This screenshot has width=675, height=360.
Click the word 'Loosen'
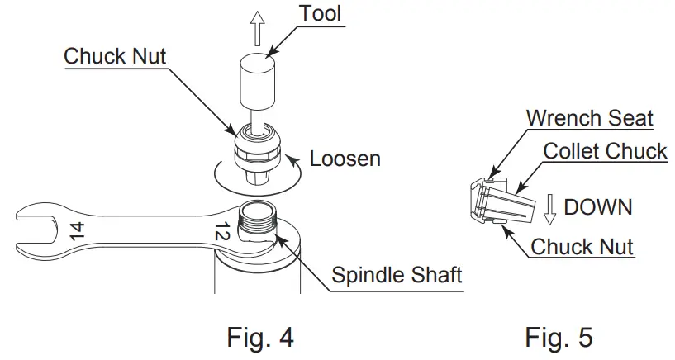(345, 158)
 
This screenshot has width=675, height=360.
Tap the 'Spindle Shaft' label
(397, 274)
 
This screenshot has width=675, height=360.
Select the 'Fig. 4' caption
(259, 336)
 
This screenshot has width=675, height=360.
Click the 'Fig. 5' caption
(559, 336)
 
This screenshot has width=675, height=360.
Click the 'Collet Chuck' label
(605, 151)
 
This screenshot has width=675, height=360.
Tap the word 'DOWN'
(597, 206)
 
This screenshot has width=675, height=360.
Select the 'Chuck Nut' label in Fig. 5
(582, 246)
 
